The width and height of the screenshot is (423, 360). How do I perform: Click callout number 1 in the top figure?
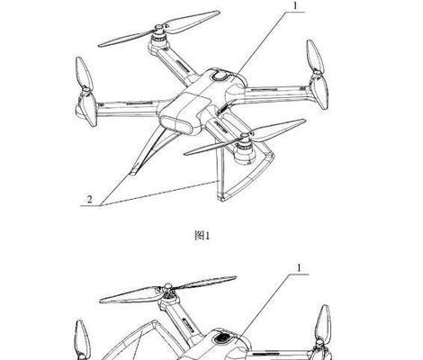[x=295, y=6]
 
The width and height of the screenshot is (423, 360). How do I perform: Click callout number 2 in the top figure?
[x=89, y=199]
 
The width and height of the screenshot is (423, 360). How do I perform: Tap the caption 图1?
[x=202, y=236]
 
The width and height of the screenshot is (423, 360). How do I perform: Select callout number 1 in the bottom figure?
[x=299, y=268]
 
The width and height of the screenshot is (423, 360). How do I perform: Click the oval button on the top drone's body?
[x=221, y=76]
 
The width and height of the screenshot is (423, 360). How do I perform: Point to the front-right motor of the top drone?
[x=245, y=151]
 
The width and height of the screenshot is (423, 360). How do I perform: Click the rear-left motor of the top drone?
[x=158, y=40]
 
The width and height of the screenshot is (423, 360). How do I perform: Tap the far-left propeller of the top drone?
[x=86, y=92]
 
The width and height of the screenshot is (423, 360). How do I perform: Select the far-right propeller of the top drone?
[x=318, y=75]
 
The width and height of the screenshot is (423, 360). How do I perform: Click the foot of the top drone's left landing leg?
[x=134, y=172]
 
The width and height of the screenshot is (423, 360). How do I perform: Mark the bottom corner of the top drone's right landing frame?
[x=221, y=198]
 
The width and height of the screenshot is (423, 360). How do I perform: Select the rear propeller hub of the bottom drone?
[x=168, y=289]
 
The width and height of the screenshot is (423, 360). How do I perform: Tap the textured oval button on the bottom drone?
[x=223, y=338]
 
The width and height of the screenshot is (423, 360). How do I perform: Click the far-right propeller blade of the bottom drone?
[x=323, y=327]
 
